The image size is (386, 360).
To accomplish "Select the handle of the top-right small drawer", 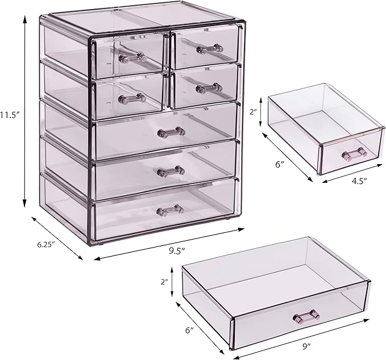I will pyautogui.click(x=209, y=49).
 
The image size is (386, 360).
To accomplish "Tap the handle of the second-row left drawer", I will pyautogui.click(x=132, y=98).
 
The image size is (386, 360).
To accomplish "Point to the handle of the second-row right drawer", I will pyautogui.click(x=209, y=88).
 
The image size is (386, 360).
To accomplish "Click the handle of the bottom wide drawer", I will pyautogui.click(x=171, y=210).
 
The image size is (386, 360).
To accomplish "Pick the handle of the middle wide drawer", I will pyautogui.click(x=171, y=170).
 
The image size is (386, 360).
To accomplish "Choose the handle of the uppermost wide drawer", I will pyautogui.click(x=171, y=132).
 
